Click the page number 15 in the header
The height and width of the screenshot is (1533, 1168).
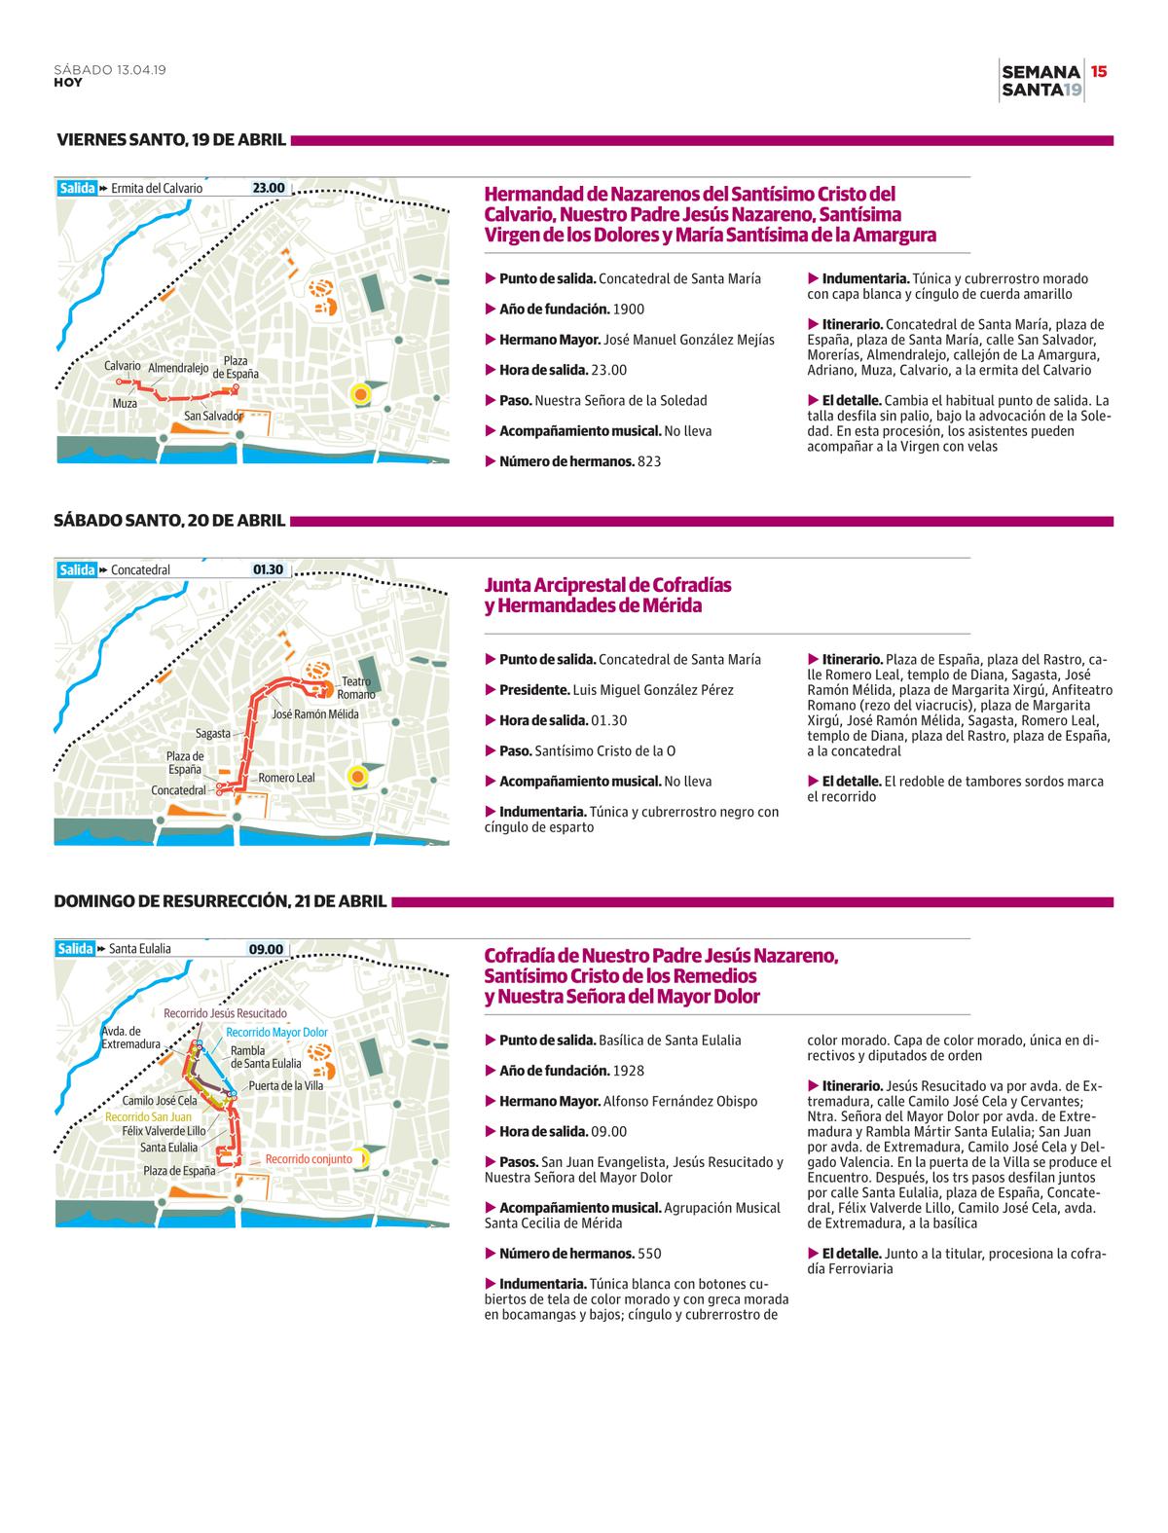(x=1099, y=71)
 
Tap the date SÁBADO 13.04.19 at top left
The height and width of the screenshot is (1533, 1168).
(x=109, y=70)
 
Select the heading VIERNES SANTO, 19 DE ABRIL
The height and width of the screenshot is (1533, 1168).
(x=171, y=140)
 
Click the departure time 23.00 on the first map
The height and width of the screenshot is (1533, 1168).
(x=269, y=188)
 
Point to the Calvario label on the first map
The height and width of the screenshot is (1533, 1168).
(x=123, y=366)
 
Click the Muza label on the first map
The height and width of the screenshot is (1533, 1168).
(x=125, y=403)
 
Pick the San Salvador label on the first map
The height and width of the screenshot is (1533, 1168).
(x=213, y=416)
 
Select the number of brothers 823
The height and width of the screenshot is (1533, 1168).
(x=649, y=461)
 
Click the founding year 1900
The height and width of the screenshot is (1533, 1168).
(x=629, y=310)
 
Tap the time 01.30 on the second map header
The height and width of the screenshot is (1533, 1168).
(x=269, y=569)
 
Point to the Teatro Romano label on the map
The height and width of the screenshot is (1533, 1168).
(x=356, y=688)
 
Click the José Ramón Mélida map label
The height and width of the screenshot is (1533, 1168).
(x=315, y=714)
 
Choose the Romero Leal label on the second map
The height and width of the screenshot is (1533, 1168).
(x=286, y=778)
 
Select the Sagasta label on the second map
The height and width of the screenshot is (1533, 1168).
(x=213, y=733)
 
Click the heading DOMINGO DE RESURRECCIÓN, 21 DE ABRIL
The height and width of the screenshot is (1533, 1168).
(x=221, y=901)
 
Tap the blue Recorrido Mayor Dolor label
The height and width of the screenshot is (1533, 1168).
(x=276, y=1032)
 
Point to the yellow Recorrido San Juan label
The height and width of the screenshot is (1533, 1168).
(x=149, y=1116)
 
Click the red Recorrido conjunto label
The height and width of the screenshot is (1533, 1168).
(x=309, y=1159)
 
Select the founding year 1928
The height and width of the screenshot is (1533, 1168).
(x=629, y=1071)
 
